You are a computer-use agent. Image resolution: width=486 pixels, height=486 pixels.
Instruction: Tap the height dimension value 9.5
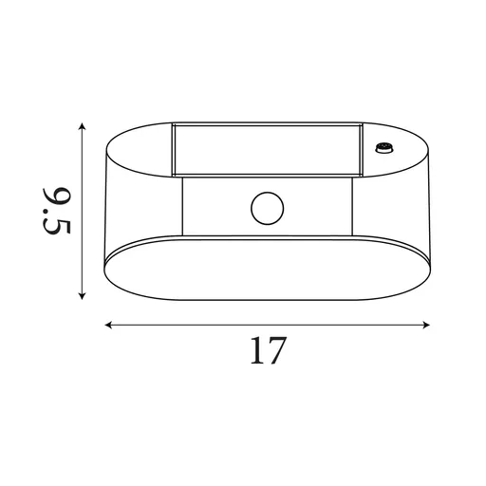57,214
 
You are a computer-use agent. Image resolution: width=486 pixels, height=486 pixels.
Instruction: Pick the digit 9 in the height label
57,200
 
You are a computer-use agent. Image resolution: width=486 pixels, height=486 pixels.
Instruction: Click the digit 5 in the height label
57,230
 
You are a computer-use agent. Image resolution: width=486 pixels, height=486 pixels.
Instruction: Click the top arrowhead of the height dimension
84,125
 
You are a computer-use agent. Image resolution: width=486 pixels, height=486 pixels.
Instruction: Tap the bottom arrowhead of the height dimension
84,295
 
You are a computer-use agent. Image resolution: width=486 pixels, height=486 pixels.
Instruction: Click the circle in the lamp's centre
267,206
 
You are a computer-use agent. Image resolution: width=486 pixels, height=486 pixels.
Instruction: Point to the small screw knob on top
384,147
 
